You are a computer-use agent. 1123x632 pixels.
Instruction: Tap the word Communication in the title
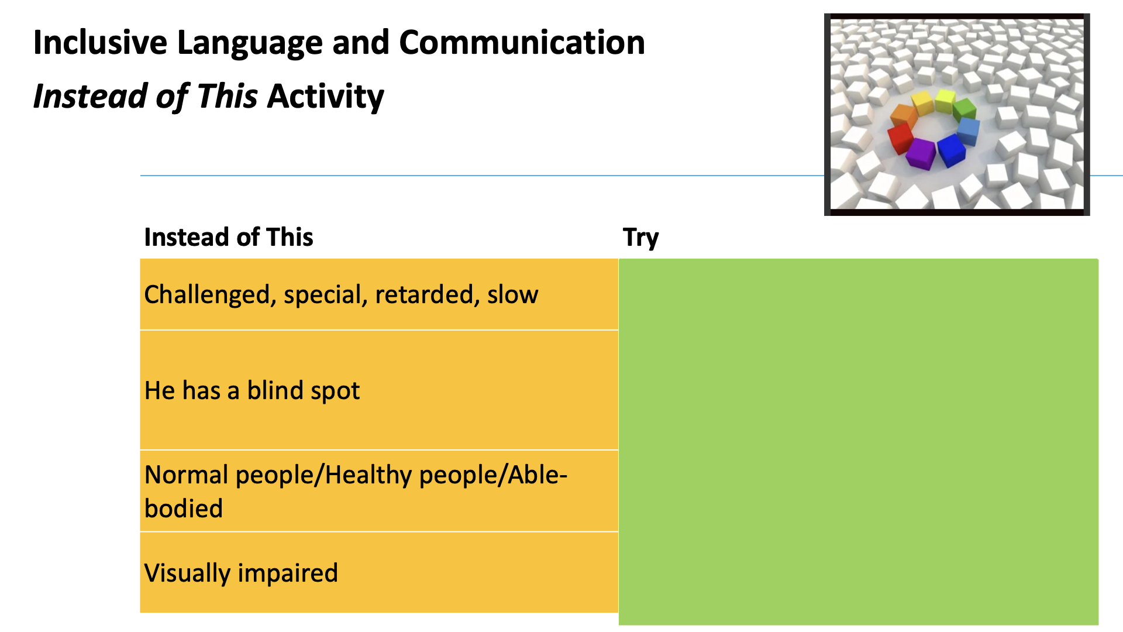coord(522,43)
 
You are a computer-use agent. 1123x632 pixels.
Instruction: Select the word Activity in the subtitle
coord(326,97)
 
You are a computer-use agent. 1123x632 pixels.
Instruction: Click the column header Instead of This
coord(229,237)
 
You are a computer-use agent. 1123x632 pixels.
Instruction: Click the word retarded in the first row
coord(423,294)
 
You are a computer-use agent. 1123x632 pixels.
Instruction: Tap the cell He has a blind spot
coord(379,390)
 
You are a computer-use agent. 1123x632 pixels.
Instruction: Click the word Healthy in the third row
coord(370,475)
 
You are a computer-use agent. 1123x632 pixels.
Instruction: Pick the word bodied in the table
coord(184,509)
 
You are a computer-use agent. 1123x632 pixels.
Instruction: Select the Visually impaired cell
coord(379,572)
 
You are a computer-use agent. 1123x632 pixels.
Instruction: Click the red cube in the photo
coord(900,139)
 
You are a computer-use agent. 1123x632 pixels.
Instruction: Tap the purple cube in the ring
coord(921,153)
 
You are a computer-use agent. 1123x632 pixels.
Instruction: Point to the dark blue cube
coord(951,150)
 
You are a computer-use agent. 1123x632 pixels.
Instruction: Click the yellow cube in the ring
coord(923,102)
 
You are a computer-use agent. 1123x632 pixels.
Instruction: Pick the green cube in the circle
coord(964,108)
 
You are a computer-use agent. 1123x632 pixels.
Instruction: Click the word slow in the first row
coord(512,294)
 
